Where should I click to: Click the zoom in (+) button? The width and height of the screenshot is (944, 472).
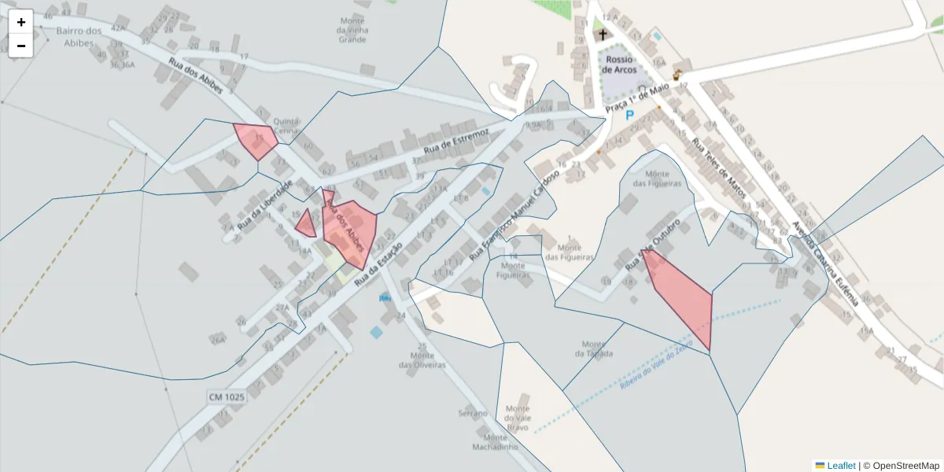[21, 22]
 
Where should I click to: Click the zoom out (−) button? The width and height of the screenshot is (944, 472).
[21, 46]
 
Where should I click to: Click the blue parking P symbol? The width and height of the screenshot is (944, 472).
[629, 115]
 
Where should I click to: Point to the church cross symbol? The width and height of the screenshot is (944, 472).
[603, 35]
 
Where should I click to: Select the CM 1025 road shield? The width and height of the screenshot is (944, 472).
[227, 397]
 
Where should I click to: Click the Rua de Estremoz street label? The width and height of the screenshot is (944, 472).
[456, 139]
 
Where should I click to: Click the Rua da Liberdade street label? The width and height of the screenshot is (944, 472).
[264, 201]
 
